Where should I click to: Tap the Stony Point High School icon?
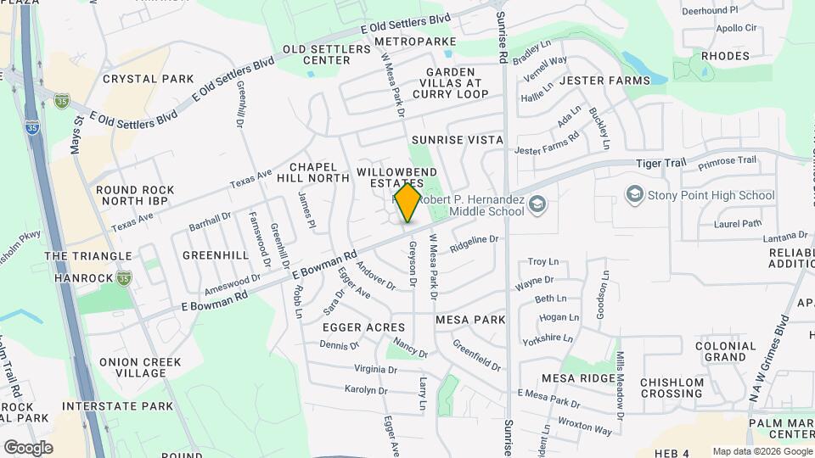[633, 195]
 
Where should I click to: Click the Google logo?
[28, 447]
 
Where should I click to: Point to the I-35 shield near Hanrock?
[125, 277]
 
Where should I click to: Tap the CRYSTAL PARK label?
[149, 79]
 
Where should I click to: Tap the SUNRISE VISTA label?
[457, 139]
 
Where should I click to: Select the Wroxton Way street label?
[584, 426]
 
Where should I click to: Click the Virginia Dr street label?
[375, 369]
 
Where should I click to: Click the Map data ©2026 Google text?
[762, 451]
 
